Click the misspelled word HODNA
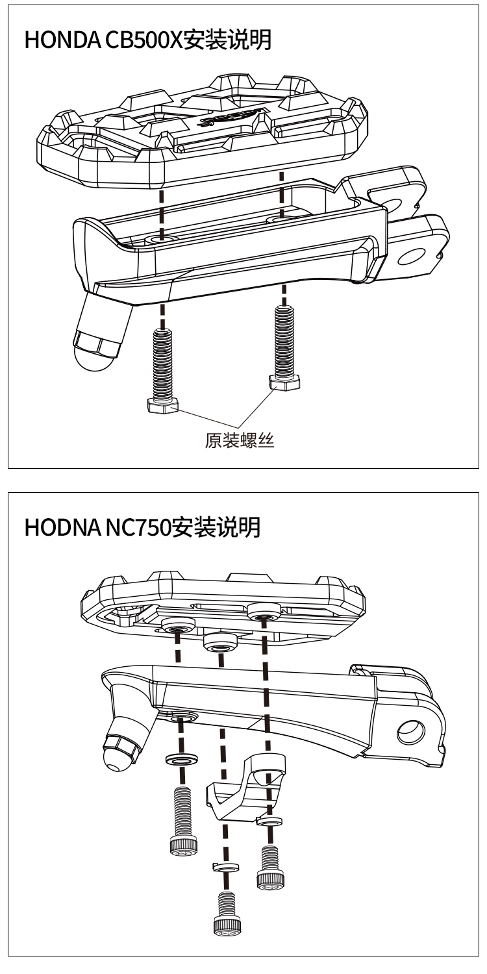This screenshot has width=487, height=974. click(58, 527)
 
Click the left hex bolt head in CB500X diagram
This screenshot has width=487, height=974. click(162, 406)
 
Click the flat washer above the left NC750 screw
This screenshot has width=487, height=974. click(182, 759)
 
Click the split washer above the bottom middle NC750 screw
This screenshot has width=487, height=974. click(223, 867)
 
